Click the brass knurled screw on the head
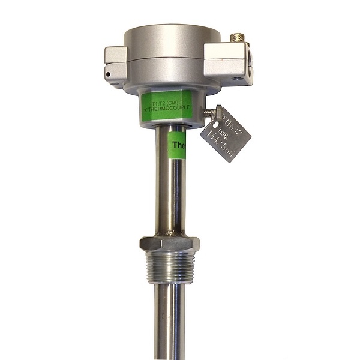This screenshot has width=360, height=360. point(238,39)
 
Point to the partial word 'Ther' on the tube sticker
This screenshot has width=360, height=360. point(179,145)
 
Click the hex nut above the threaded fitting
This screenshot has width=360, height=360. point(169,243)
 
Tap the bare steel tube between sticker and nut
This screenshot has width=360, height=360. point(170,198)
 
